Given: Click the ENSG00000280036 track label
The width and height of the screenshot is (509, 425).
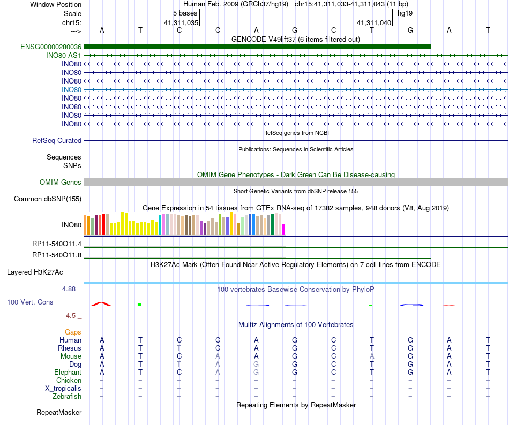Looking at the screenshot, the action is pos(51,47).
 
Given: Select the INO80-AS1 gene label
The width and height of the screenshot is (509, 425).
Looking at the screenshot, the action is pos(64,56).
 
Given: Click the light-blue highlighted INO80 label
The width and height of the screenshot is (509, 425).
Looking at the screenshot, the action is pos(71,89).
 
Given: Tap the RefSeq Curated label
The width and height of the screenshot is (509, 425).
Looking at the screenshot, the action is pos(57,140).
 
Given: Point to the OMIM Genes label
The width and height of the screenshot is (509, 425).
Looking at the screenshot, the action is pos(61,182).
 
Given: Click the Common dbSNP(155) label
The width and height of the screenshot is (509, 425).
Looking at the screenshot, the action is pos(48,199).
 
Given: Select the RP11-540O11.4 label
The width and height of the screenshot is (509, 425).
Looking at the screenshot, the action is pos(57,244).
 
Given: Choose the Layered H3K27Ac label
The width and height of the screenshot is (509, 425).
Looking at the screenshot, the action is pos(35,272).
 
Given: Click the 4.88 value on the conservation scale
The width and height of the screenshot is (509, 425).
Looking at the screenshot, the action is pos(69,289).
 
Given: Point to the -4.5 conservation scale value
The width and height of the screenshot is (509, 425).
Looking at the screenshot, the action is pos(70,315).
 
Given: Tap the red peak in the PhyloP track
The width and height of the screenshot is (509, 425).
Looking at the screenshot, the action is pos(101,303).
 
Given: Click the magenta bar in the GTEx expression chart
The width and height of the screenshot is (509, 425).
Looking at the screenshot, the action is pos(284,229).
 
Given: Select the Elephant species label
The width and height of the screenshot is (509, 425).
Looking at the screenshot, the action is pos(68,372).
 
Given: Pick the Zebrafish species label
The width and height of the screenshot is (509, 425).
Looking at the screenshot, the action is pos(67,396).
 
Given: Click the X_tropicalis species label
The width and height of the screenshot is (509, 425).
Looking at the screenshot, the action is pos(63,389).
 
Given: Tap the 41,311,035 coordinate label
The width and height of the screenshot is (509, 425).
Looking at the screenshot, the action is pos(181,22).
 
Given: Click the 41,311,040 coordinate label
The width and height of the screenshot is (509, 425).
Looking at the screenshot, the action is pos(374,22).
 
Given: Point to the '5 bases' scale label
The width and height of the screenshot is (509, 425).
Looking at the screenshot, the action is pos(185,13).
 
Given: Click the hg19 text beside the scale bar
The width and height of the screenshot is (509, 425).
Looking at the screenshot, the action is pos(405,13).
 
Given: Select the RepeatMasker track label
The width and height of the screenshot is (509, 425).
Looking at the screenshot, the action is pos(59,412).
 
